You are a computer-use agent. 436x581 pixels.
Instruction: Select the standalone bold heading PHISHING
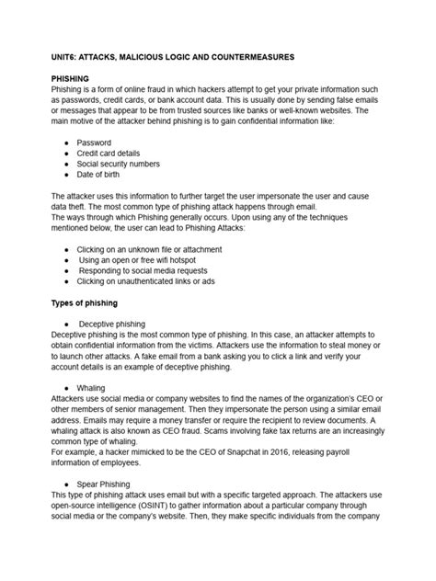point(70,80)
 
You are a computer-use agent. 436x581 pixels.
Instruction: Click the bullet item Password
point(94,143)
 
